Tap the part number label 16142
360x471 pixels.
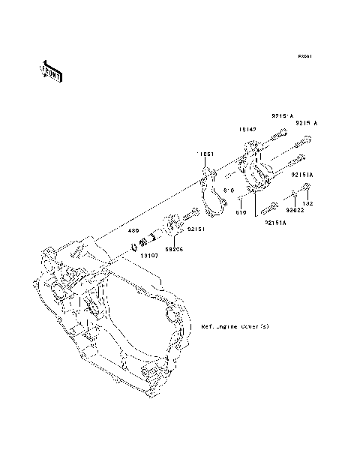click(x=248, y=129)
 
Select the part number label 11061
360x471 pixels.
click(x=206, y=154)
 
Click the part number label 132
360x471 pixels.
click(x=307, y=203)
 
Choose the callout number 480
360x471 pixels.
click(x=133, y=230)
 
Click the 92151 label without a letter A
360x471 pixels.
click(x=196, y=228)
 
